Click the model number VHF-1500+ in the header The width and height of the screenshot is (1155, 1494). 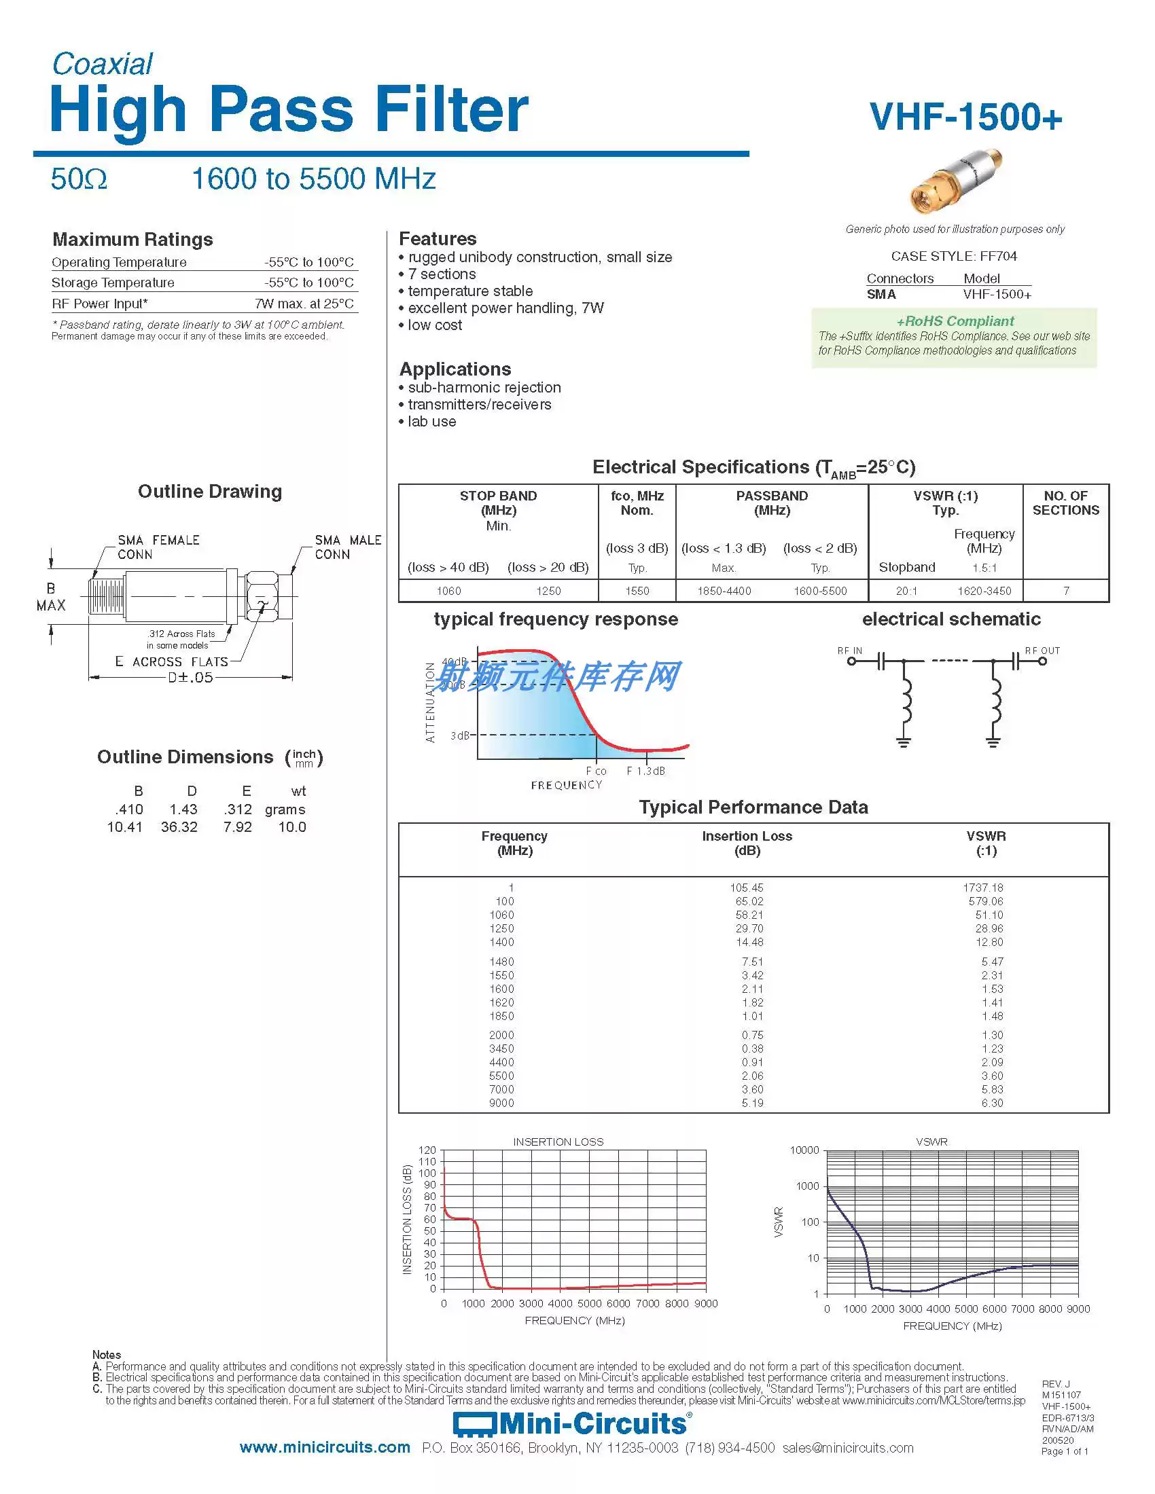965,117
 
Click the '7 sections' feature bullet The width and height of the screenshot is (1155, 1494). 442,274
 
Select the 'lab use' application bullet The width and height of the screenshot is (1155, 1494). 431,422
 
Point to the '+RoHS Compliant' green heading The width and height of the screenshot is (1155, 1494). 955,321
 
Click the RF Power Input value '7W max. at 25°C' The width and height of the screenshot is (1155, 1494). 304,304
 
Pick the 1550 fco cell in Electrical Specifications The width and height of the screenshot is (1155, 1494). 637,591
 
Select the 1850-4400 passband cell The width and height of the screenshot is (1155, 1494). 724,591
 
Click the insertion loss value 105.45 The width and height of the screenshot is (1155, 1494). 746,888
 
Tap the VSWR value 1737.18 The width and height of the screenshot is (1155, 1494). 982,888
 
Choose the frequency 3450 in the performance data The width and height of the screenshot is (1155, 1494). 501,1049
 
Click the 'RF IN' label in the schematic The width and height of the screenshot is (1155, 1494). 849,651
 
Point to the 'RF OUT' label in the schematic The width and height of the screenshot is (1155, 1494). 1042,651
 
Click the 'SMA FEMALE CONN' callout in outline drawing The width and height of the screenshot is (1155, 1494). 158,547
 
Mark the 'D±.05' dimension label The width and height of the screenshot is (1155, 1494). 190,678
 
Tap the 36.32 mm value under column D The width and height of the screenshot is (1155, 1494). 179,827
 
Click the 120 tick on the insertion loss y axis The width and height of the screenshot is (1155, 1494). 427,1150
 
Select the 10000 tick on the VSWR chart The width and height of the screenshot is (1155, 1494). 804,1150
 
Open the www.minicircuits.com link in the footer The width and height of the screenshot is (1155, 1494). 324,1448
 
